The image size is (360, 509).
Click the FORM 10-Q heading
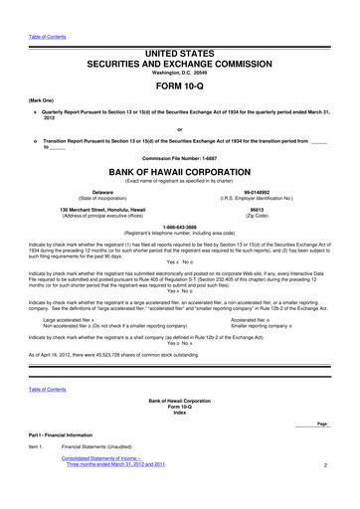pyautogui.click(x=180, y=85)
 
